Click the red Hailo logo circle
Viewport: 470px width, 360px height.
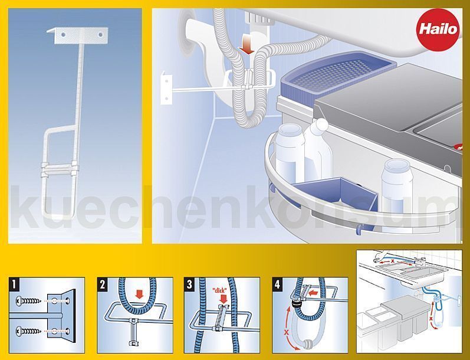point(439,30)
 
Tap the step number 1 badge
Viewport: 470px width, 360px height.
point(14,284)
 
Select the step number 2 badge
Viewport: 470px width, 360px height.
point(102,284)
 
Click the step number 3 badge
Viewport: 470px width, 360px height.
point(189,284)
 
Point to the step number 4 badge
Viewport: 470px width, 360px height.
point(277,284)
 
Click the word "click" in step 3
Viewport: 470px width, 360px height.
point(219,290)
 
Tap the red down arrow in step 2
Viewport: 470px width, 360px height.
point(139,294)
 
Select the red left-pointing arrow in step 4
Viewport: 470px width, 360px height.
point(314,292)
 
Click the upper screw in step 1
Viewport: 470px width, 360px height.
point(28,300)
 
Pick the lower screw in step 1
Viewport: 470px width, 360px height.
point(28,331)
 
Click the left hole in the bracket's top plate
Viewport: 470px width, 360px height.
point(63,35)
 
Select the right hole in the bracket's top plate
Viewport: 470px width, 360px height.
point(100,35)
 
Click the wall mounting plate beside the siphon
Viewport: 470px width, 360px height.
point(166,89)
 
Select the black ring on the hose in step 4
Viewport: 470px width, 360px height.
point(296,304)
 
